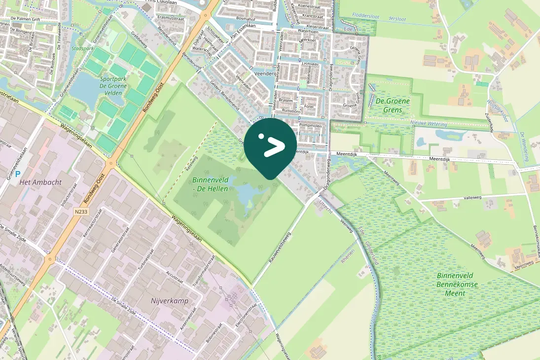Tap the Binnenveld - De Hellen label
coord(211,184)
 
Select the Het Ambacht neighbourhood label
coord(40,182)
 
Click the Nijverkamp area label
coord(169,300)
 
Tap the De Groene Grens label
coord(392,105)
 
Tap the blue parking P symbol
coord(18,174)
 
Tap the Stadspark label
coord(81,49)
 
